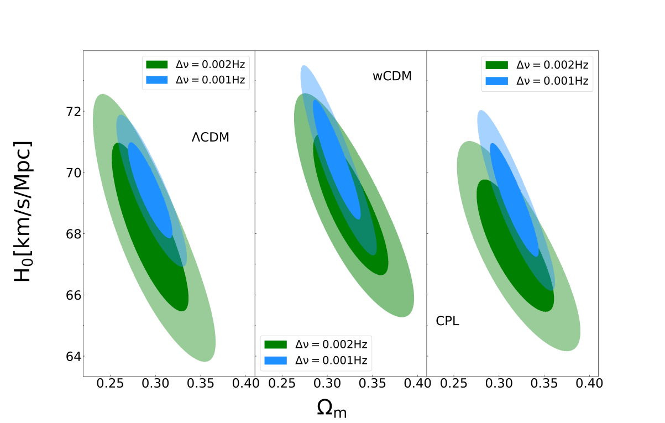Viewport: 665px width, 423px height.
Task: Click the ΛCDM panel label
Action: coord(211,138)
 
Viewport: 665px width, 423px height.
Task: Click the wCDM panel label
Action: coord(392,76)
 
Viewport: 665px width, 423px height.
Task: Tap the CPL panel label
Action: coord(448,321)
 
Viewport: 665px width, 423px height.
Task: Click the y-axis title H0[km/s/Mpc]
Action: coord(23,211)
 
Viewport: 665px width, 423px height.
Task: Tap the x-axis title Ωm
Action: coord(332,408)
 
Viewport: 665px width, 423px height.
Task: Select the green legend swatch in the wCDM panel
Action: coord(275,344)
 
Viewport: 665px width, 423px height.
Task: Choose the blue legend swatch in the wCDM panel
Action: coord(275,361)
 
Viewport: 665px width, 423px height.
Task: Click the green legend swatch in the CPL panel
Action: coord(496,65)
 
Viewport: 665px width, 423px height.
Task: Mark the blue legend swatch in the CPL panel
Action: coord(496,81)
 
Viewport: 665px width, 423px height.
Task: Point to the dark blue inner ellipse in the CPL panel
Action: coord(514,199)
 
